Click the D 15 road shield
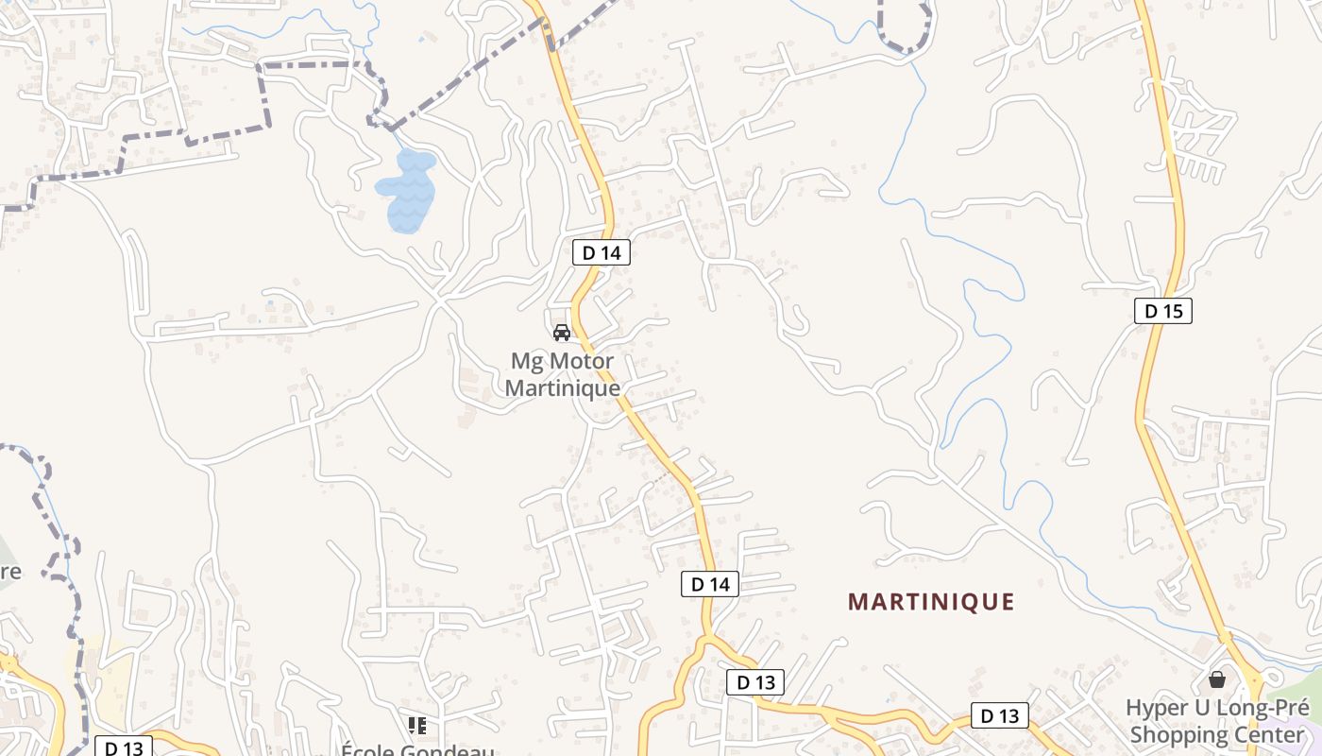pyautogui.click(x=1163, y=311)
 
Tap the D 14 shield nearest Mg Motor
pyautogui.click(x=601, y=252)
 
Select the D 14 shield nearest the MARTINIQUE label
pyautogui.click(x=709, y=584)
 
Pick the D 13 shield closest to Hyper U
pyautogui.click(x=999, y=715)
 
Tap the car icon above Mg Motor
pyautogui.click(x=562, y=333)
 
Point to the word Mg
pyautogui.click(x=523, y=361)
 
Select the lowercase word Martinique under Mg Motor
pyautogui.click(x=563, y=387)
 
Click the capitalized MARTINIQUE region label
pyautogui.click(x=931, y=602)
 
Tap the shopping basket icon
pyautogui.click(x=1217, y=679)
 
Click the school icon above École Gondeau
pyautogui.click(x=417, y=726)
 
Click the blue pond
pyautogui.click(x=408, y=189)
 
